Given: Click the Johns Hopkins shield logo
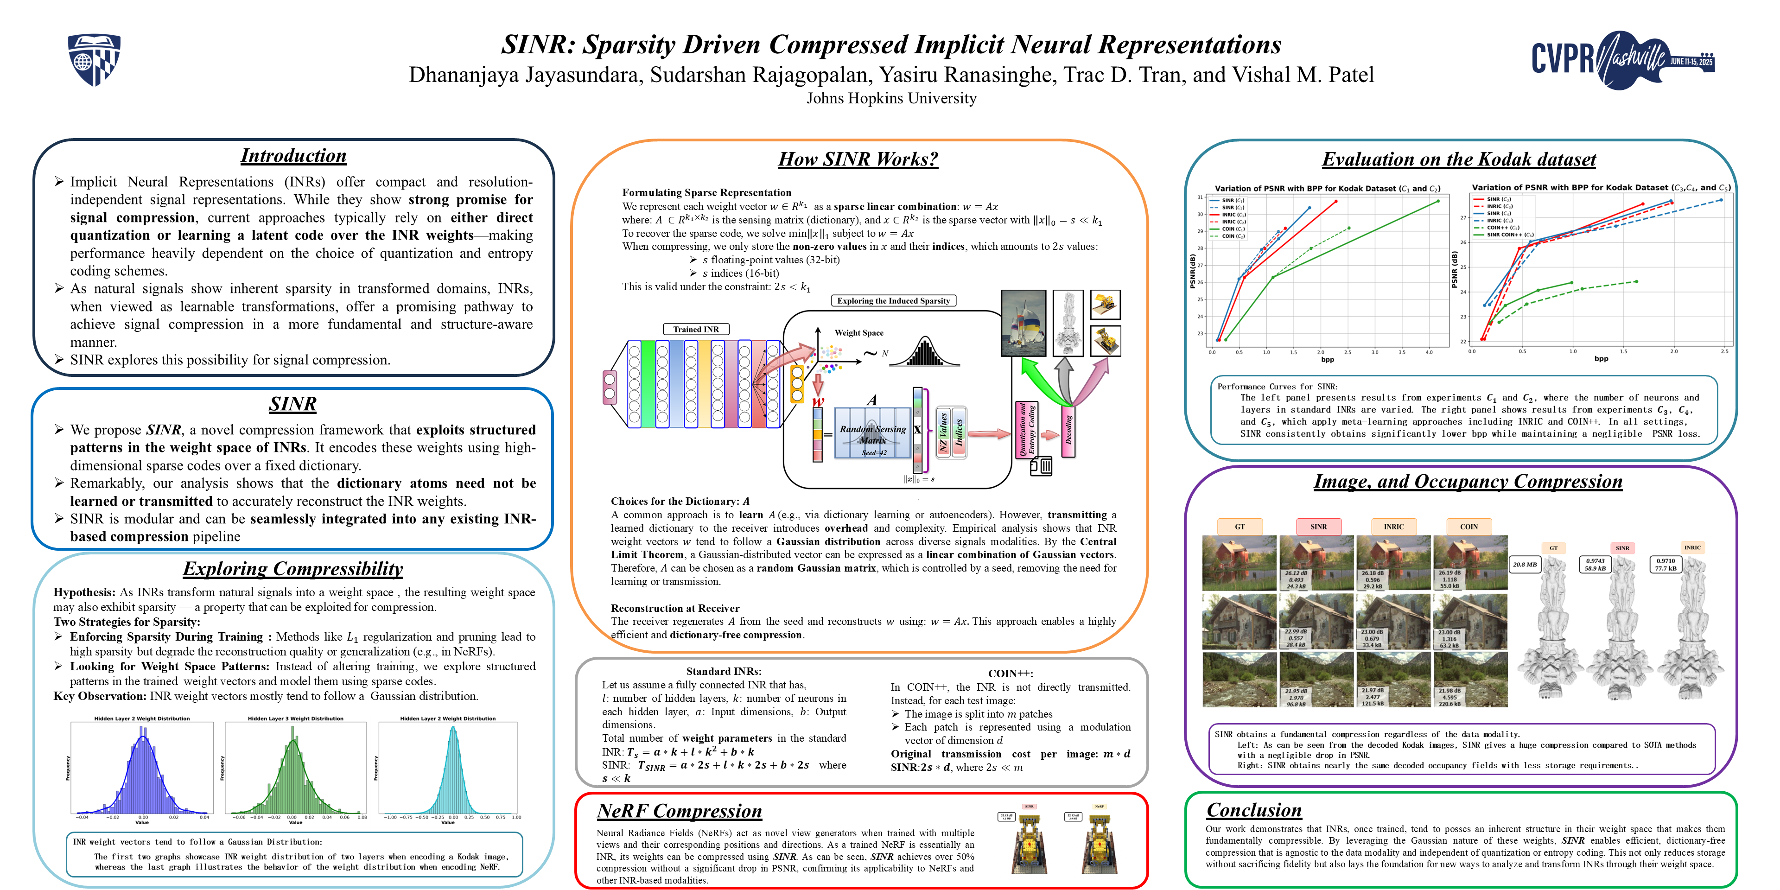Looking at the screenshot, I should coord(94,60).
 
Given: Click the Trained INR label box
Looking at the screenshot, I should coord(696,330).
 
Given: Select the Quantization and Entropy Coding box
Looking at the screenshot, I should coord(1026,430).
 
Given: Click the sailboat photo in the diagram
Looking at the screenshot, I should coord(1024,323).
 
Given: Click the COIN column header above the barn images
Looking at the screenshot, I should coord(1468,527).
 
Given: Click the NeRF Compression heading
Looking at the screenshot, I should coord(679,811).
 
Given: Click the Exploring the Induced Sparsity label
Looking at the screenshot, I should coord(893,300).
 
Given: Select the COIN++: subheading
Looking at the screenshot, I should coord(1010,673).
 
